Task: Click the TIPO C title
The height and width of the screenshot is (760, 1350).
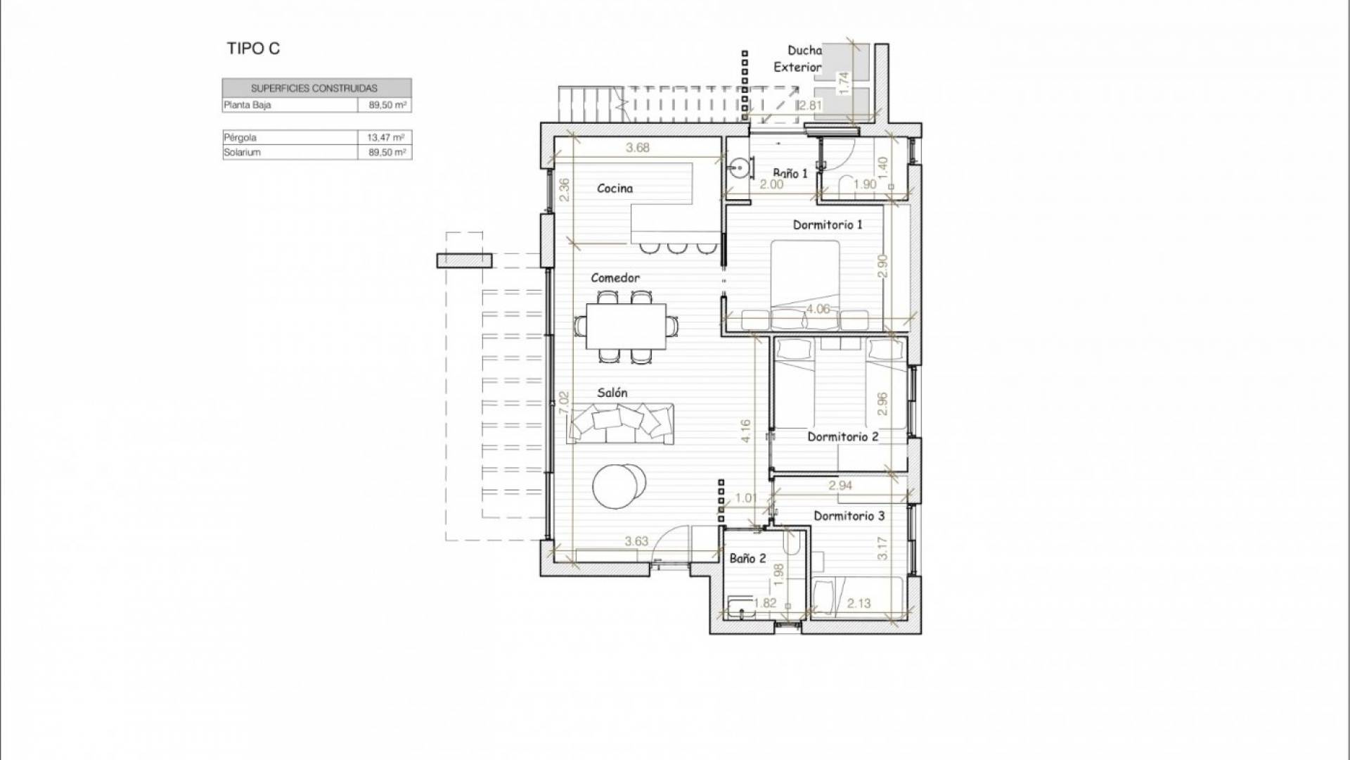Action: pyautogui.click(x=253, y=49)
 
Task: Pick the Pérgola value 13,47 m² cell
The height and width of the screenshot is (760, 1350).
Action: pyautogui.click(x=385, y=137)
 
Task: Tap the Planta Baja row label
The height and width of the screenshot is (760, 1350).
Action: pyautogui.click(x=247, y=105)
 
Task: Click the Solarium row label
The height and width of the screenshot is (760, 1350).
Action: pyautogui.click(x=242, y=152)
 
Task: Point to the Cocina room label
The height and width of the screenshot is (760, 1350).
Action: pyautogui.click(x=615, y=188)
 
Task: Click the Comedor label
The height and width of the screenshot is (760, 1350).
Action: pyautogui.click(x=615, y=278)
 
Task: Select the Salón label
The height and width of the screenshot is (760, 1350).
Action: pyautogui.click(x=612, y=393)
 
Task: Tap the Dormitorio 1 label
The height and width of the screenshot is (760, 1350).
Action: pyautogui.click(x=828, y=224)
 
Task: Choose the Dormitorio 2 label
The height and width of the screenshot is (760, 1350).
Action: pyautogui.click(x=843, y=436)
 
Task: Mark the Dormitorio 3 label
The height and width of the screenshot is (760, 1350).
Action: pyautogui.click(x=849, y=516)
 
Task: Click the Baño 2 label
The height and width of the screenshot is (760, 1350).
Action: pyautogui.click(x=747, y=558)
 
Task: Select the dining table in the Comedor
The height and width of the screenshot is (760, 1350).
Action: pyautogui.click(x=627, y=326)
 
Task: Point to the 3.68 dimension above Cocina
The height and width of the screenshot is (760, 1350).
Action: pyautogui.click(x=637, y=148)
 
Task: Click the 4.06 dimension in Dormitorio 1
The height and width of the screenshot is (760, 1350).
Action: pyautogui.click(x=818, y=309)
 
